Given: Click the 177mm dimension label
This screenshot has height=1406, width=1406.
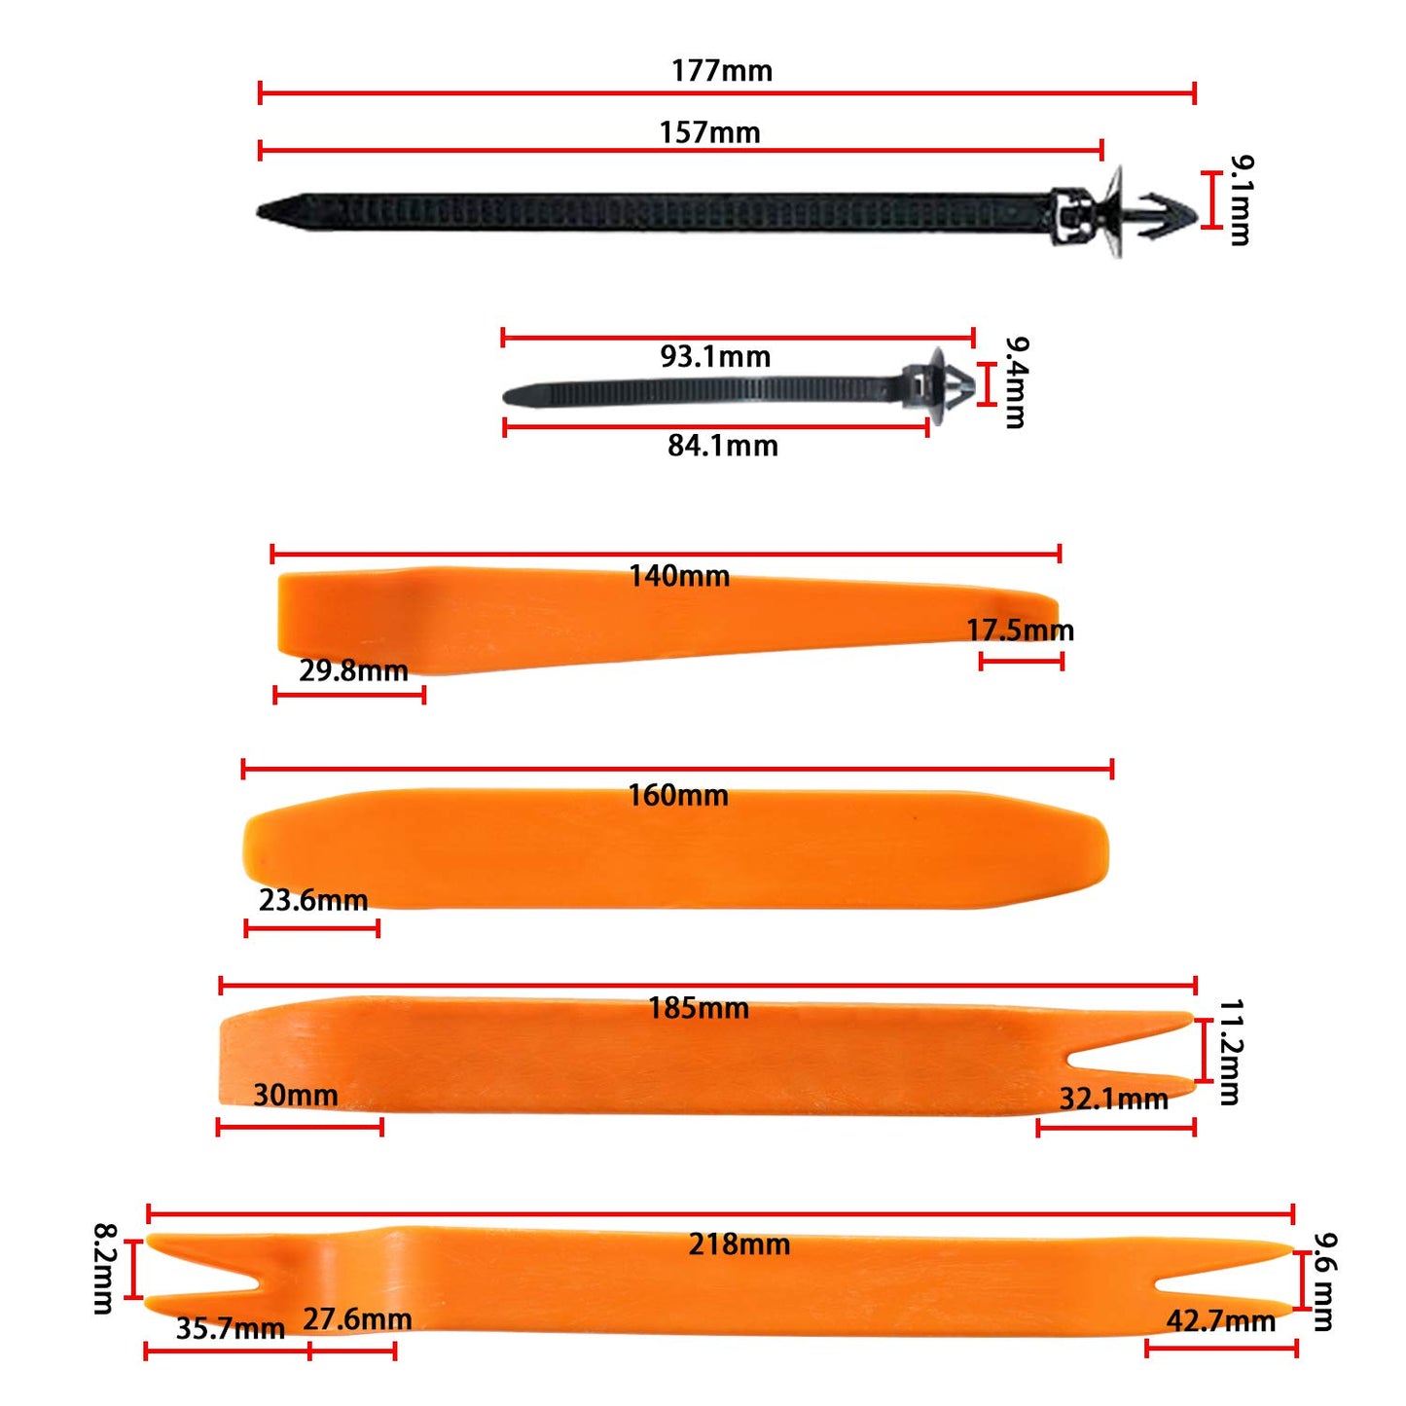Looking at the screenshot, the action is coord(721,71).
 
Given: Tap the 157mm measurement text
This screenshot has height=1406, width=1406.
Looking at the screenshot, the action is coord(709,132).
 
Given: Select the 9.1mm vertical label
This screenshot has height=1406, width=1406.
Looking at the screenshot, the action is coord(1240,199).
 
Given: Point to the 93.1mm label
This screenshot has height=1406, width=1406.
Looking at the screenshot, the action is coord(715,357).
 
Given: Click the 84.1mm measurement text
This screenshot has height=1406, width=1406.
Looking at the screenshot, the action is coord(722,446).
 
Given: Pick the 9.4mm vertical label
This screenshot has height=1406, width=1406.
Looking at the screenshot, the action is coord(1016,382).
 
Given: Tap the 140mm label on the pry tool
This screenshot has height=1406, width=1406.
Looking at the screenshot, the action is coord(678,576).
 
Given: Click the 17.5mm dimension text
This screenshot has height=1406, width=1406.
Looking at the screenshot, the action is coord(1020,631).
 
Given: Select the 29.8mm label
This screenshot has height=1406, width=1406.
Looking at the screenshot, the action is coord(353,670).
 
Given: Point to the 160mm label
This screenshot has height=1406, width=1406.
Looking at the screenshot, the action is coord(678,795).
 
